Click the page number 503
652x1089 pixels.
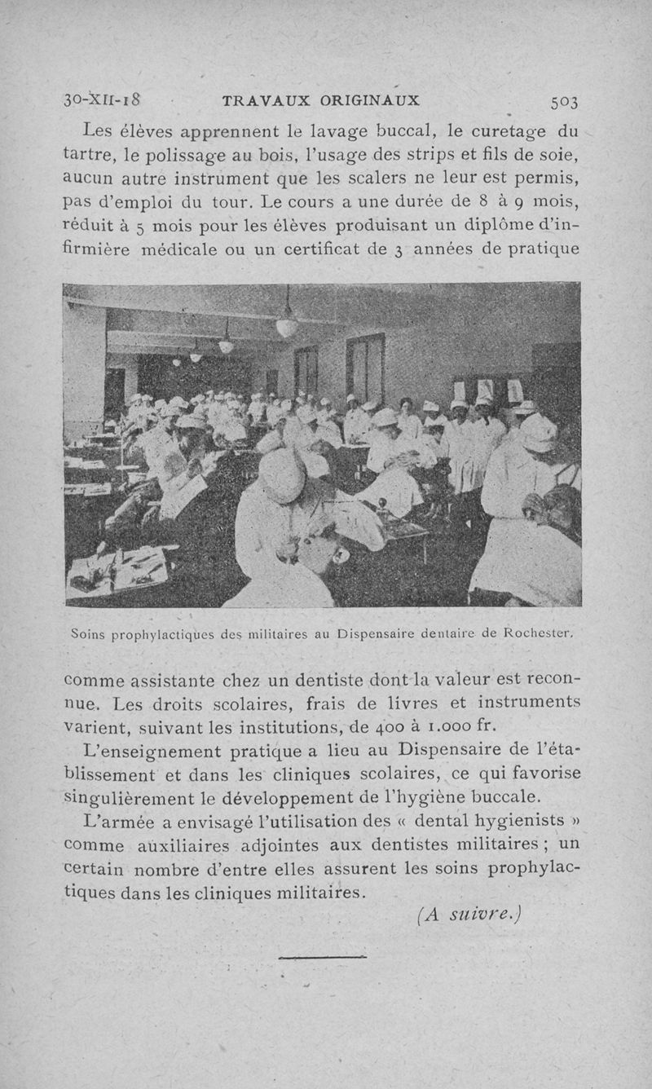tap(564, 102)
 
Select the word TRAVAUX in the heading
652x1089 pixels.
tap(263, 101)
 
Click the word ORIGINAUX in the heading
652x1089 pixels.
tap(370, 101)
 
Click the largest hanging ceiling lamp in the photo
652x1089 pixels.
tap(286, 326)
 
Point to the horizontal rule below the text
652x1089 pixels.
tap(322, 957)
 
